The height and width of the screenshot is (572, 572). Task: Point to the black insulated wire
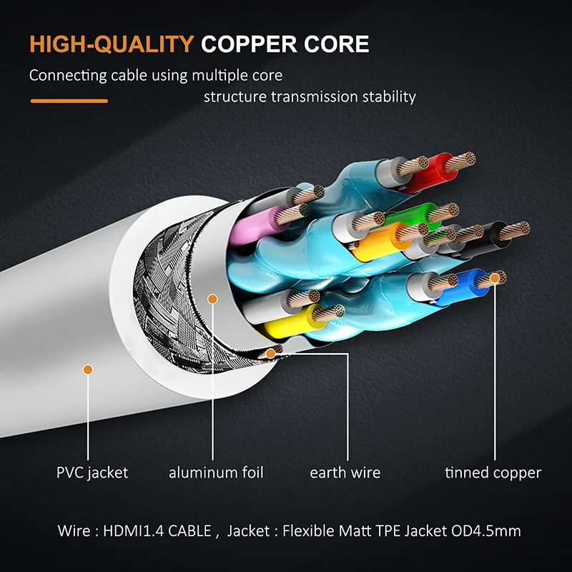487,235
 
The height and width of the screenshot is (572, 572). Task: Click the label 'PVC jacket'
92,473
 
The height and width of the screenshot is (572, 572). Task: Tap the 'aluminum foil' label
216,473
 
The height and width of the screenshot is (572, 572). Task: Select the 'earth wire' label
345,473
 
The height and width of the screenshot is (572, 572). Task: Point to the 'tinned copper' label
493,473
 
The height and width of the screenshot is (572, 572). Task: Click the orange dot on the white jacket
87,370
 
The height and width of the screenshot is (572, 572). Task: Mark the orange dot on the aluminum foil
211,297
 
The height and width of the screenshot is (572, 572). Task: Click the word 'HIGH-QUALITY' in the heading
112,44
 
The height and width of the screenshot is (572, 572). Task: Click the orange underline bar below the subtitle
69,101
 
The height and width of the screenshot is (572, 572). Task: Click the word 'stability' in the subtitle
390,97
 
